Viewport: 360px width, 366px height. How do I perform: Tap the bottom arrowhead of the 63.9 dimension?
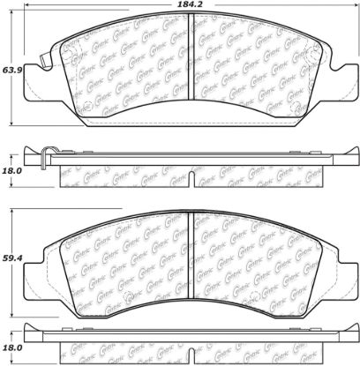(11, 123)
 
